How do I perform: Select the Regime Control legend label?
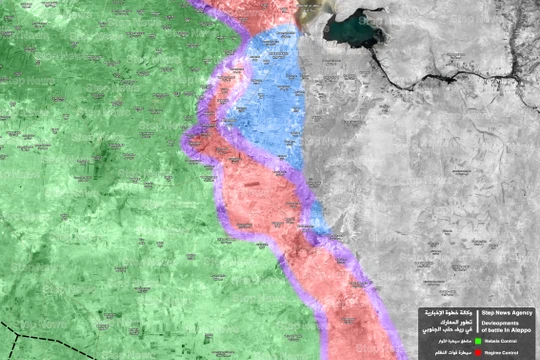tap(506, 353)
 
